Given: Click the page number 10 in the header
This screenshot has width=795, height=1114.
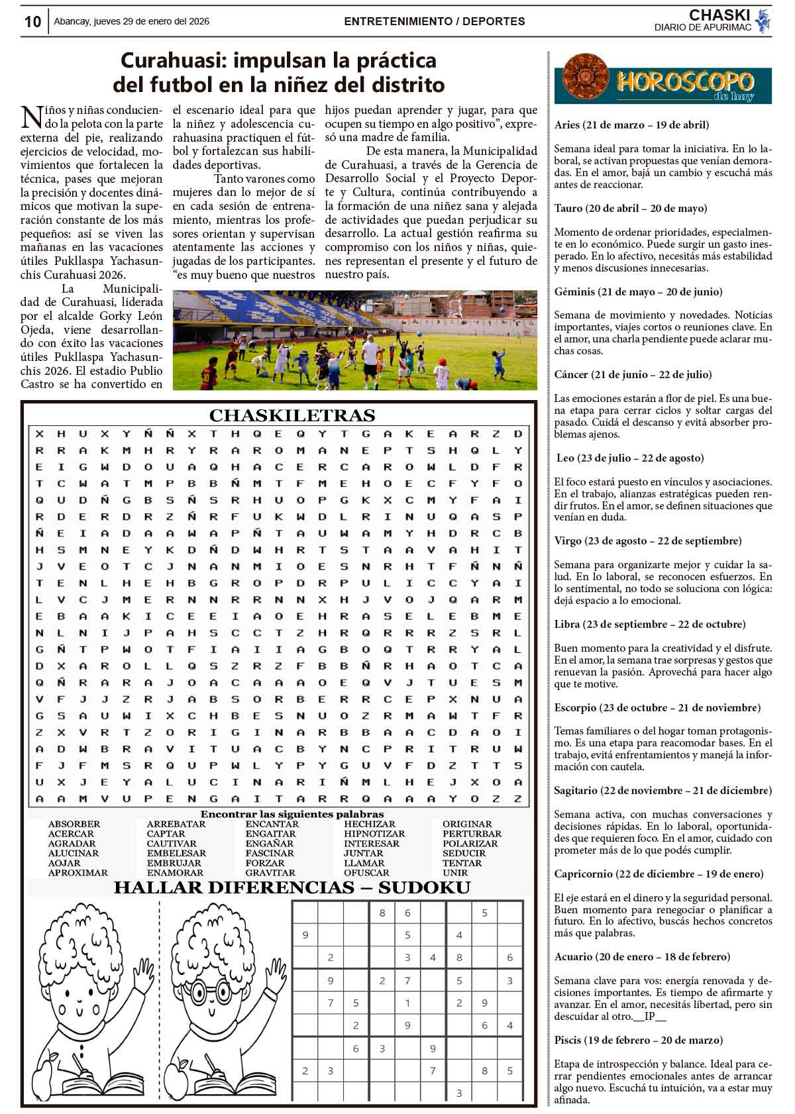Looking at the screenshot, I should (32, 22).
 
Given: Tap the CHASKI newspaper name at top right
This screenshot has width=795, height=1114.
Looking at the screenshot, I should (719, 15).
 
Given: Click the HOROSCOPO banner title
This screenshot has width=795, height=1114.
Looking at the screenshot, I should (685, 83).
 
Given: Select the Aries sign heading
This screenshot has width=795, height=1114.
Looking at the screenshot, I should (631, 125).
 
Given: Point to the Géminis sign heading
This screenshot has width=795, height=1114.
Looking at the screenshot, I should (638, 291).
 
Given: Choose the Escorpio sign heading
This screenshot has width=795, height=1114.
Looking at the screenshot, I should (657, 707).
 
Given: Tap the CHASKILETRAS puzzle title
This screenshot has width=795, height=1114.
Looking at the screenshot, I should (292, 416).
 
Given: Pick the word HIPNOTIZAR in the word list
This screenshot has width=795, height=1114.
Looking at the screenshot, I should (374, 834).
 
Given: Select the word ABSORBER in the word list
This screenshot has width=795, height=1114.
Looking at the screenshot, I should (74, 824).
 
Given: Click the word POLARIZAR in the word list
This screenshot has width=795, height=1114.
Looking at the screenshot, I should (470, 844).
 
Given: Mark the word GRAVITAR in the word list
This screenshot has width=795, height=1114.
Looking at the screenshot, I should (270, 873).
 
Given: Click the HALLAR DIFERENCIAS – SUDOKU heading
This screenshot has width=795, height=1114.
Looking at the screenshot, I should (292, 888).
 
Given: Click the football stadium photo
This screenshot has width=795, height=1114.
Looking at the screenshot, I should (354, 340).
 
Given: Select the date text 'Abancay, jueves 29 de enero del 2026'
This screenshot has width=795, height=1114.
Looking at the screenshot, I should (131, 22).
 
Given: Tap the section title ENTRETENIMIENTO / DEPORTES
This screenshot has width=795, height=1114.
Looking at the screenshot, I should (434, 22).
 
